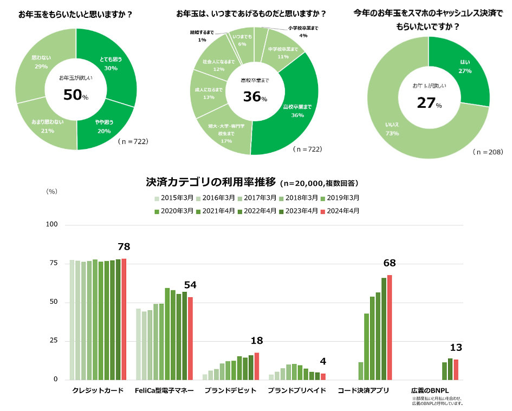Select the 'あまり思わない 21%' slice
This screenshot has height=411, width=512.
(47, 126)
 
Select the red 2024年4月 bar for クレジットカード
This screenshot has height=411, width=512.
(124, 319)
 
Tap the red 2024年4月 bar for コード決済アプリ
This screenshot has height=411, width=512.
(389, 327)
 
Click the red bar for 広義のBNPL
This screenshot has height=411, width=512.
(456, 369)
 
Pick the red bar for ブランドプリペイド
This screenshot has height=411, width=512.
(323, 376)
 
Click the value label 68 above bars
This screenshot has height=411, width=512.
(389, 264)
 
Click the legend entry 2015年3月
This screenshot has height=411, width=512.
(172, 198)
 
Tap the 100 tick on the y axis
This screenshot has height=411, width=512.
(53, 224)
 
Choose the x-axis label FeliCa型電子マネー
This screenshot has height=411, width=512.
(164, 390)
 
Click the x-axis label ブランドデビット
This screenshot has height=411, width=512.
(230, 390)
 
